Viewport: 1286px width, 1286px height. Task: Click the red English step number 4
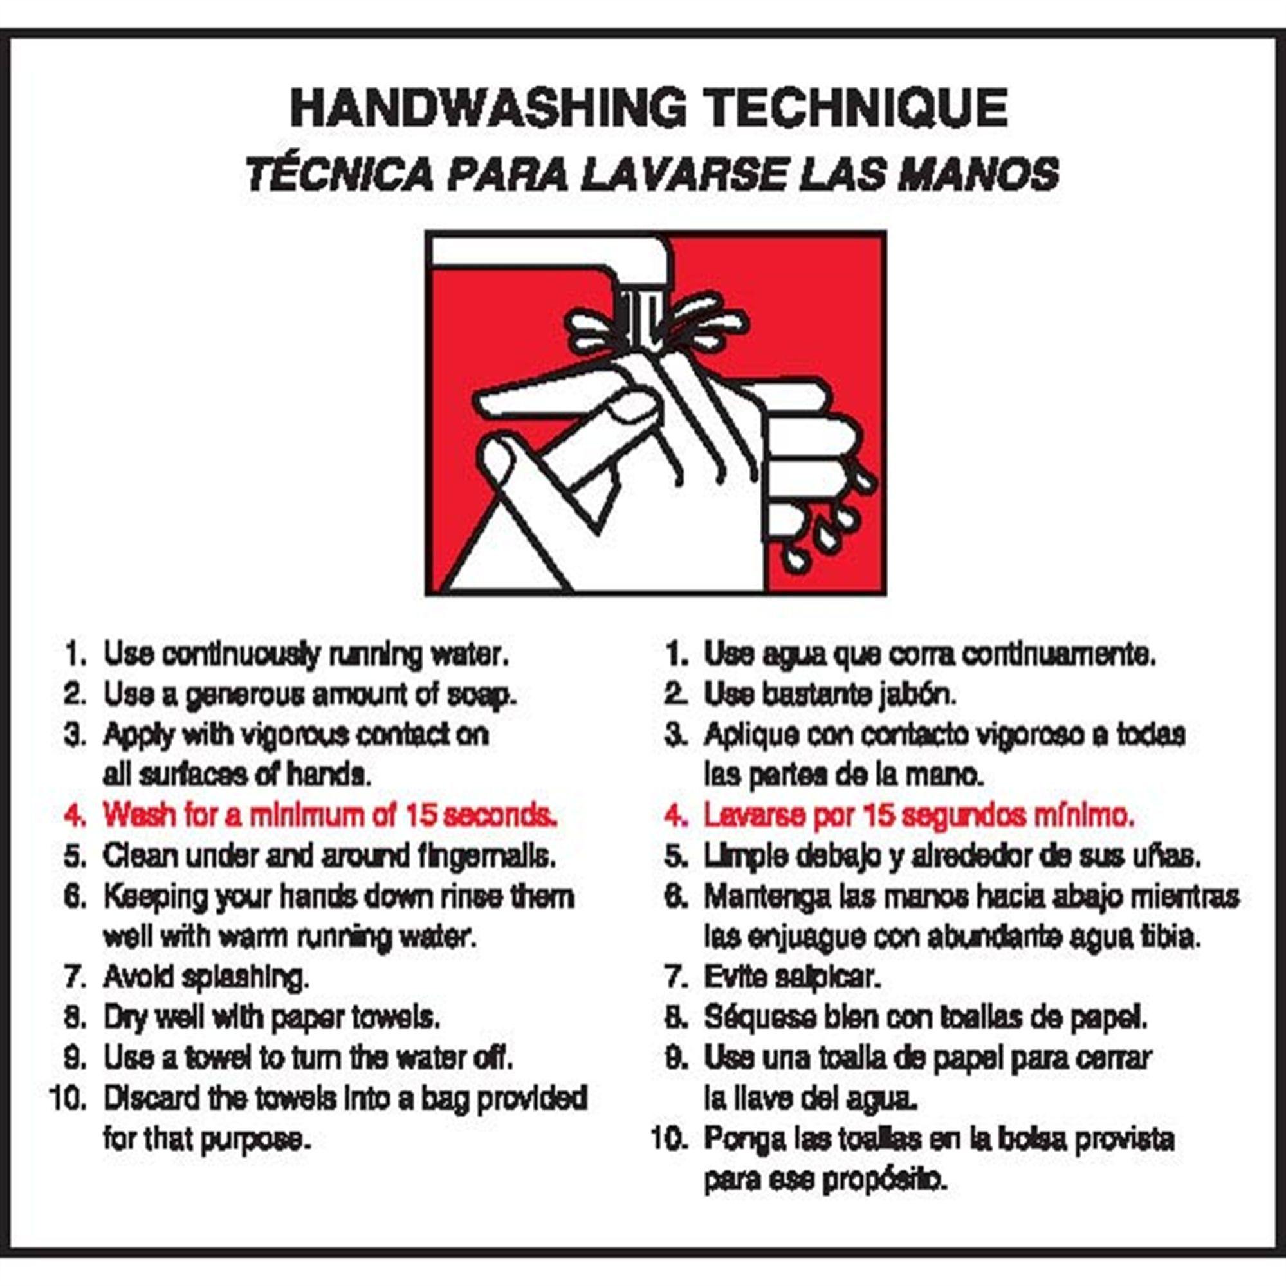[75, 815]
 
